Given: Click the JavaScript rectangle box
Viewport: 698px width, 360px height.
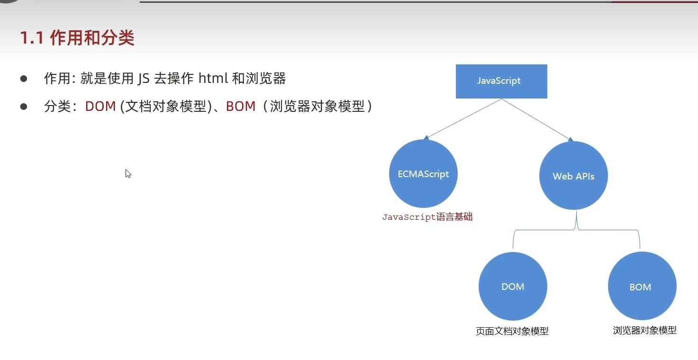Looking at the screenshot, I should (x=501, y=81).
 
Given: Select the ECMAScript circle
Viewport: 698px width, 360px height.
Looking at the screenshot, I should (x=423, y=174).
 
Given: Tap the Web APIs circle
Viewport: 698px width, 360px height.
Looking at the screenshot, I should (x=573, y=176).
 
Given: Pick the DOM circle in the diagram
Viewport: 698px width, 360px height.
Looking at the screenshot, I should (x=513, y=287).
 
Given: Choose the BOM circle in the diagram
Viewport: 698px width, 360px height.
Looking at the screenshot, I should (x=642, y=287).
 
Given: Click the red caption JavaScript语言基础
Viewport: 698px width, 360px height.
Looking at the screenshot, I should (x=427, y=217).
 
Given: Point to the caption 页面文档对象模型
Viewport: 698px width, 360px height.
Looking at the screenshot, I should (x=512, y=331).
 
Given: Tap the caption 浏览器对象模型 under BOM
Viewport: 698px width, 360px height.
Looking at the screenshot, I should (x=644, y=330).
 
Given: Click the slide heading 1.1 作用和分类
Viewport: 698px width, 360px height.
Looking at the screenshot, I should (x=77, y=38).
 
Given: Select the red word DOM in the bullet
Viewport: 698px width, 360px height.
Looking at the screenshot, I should (x=100, y=107).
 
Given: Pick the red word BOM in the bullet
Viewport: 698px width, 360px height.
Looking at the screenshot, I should (x=241, y=107).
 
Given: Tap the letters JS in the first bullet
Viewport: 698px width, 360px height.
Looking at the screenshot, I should (x=143, y=79).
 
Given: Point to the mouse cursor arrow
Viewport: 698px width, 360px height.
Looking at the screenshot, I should (x=127, y=173).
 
